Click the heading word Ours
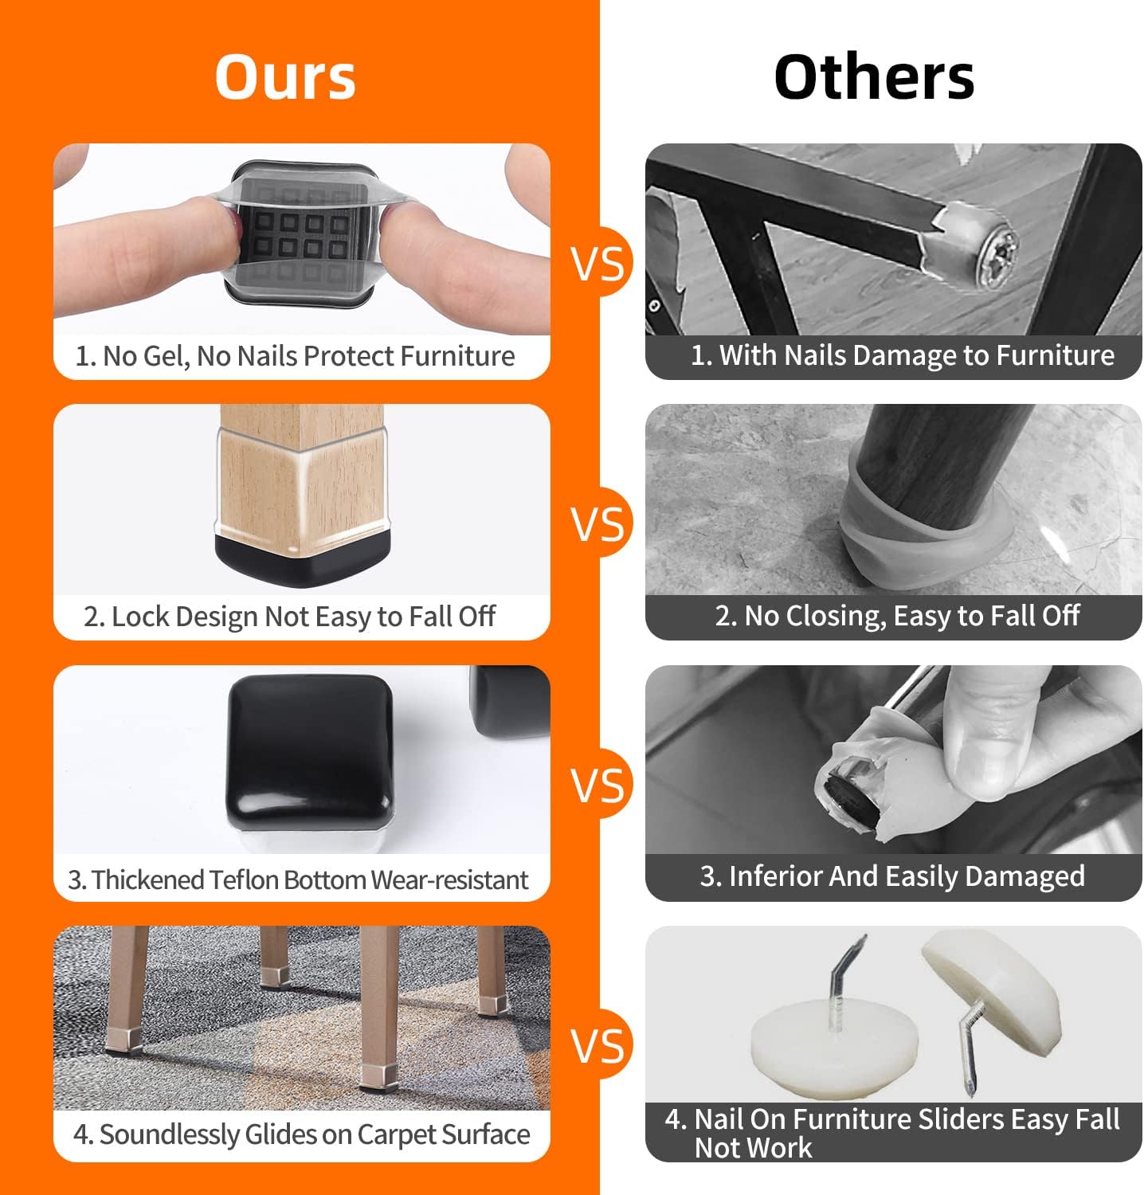pyautogui.click(x=285, y=77)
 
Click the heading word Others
pyautogui.click(x=874, y=77)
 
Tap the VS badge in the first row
pyautogui.click(x=598, y=262)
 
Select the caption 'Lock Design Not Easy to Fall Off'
pyautogui.click(x=289, y=617)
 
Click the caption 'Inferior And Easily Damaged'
pyautogui.click(x=892, y=876)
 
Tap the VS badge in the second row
pyautogui.click(x=598, y=523)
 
